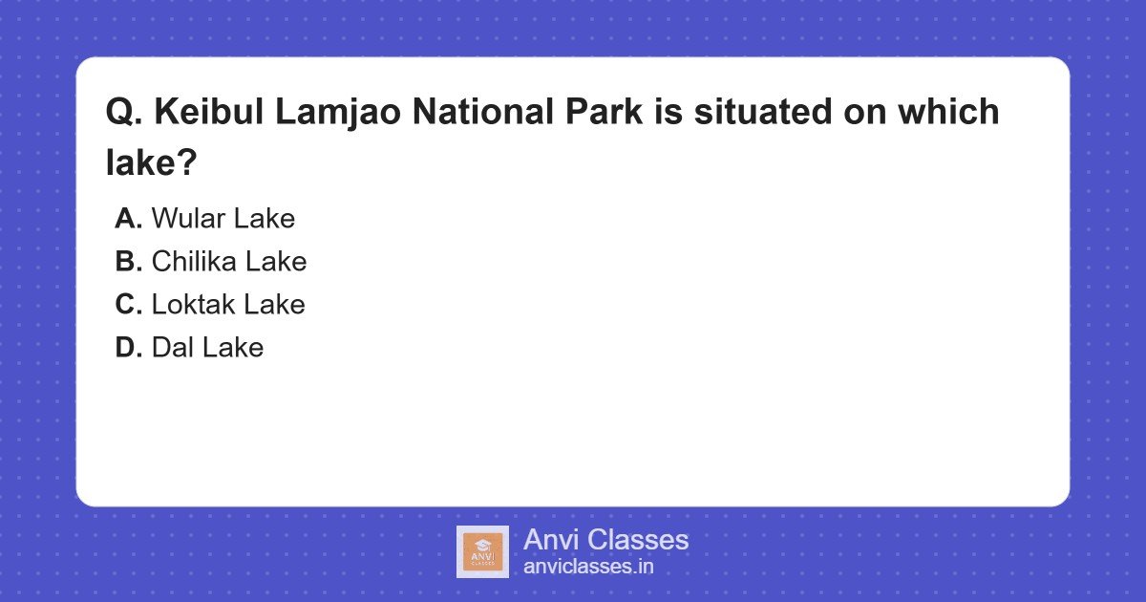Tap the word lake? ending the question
click(x=151, y=164)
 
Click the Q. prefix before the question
click(x=124, y=114)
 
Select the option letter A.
click(x=129, y=219)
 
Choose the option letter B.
click(x=129, y=262)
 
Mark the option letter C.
click(x=129, y=305)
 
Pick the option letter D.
click(x=129, y=348)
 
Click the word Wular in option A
click(x=185, y=219)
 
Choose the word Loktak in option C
click(x=193, y=305)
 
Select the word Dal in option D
click(x=171, y=348)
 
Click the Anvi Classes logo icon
click(x=482, y=551)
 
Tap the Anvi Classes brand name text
click(x=605, y=540)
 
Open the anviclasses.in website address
click(x=588, y=567)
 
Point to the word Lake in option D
click(x=231, y=348)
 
